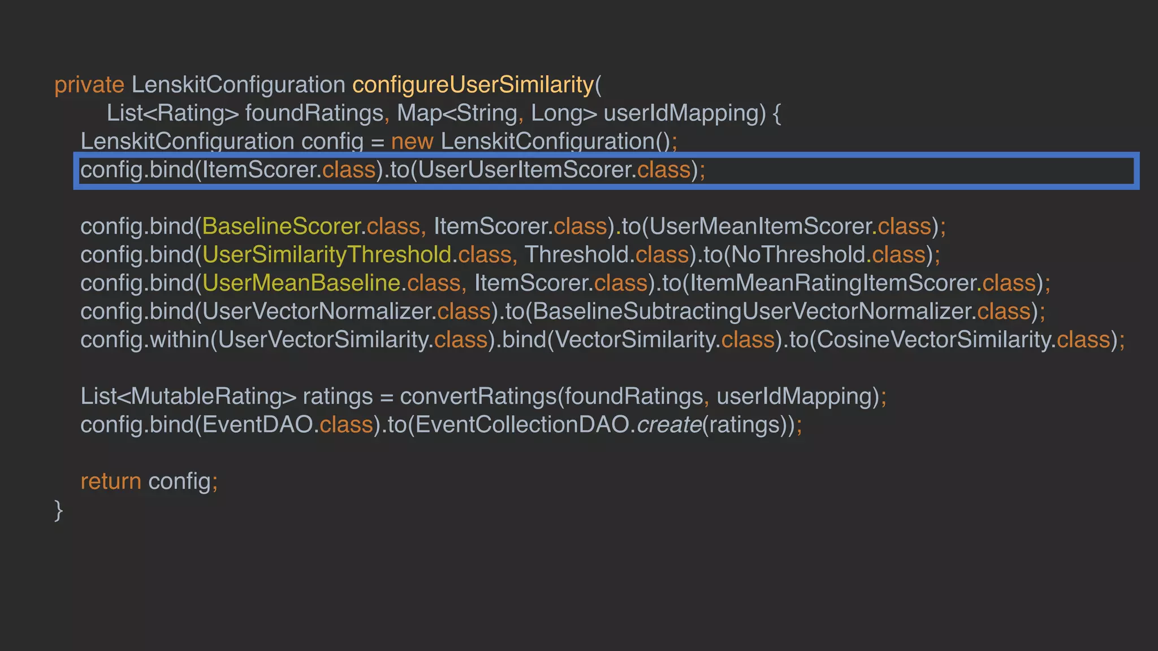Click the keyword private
89,85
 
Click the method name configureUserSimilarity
473,85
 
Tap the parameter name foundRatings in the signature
314,113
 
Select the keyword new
412,141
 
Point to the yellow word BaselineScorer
281,227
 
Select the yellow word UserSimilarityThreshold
326,255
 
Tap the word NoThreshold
798,255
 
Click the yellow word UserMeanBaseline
301,283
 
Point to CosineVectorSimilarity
933,340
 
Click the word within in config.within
179,340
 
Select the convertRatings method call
478,396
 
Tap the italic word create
669,424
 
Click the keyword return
110,481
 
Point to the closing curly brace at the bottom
58,510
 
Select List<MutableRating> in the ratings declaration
188,396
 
